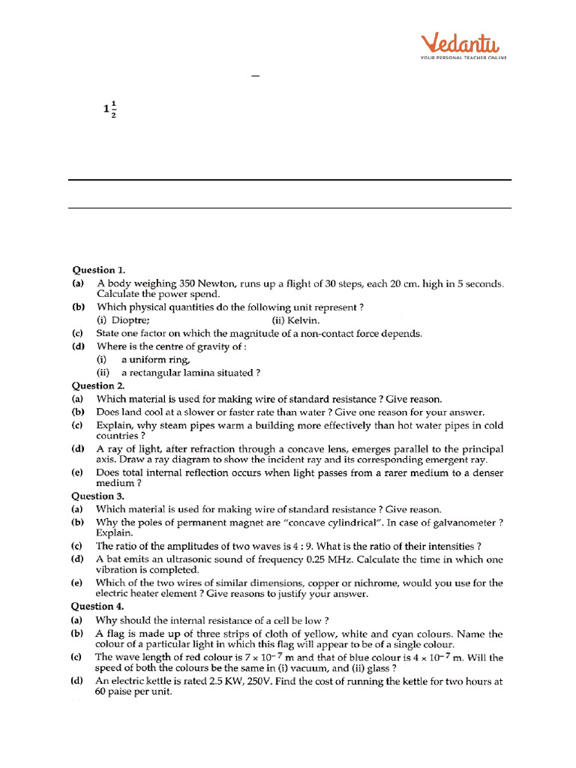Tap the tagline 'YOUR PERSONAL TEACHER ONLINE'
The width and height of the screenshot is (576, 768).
coord(463,58)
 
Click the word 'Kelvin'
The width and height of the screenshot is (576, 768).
coord(303,319)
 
